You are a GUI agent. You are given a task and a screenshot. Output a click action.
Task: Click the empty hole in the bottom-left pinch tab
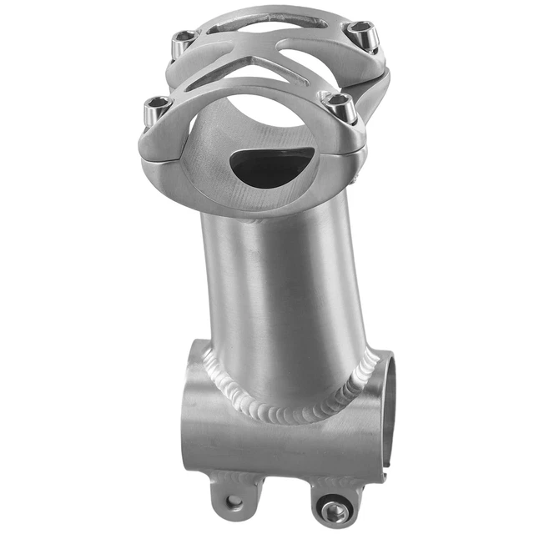coord(234,502)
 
